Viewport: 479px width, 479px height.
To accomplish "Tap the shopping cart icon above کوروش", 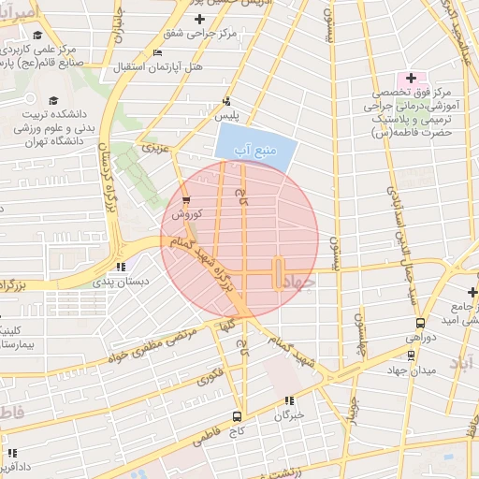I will point(186,200).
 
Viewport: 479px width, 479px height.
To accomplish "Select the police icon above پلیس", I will point(226,101).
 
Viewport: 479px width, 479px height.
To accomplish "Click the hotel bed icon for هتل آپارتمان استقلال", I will point(156,53).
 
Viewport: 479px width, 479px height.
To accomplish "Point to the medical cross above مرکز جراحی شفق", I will point(199,19).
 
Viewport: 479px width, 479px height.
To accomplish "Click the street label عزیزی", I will point(152,148).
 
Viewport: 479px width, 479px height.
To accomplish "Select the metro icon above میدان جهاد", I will point(411,355).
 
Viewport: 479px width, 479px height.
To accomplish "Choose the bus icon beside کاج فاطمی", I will point(238,416).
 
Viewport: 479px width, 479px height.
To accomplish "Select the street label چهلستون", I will point(358,333).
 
